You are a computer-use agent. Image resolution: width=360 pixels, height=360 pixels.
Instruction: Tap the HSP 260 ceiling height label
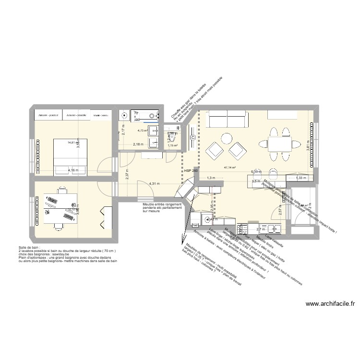pyautogui.click(x=191, y=170)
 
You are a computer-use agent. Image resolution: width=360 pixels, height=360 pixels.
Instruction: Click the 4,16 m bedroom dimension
pyautogui.click(x=73, y=170)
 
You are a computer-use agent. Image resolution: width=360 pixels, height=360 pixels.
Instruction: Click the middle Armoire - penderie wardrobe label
pyautogui.click(x=76, y=115)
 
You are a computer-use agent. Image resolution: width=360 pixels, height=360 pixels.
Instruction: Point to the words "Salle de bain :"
pyautogui.click(x=28, y=248)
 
